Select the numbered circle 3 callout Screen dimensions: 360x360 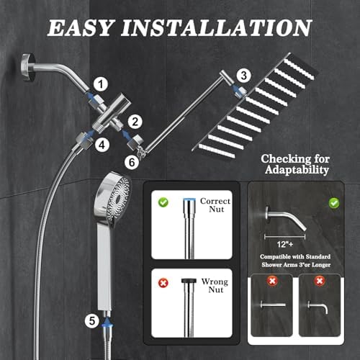pos(244,74)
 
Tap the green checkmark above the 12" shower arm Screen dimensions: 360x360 pos(334,204)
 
